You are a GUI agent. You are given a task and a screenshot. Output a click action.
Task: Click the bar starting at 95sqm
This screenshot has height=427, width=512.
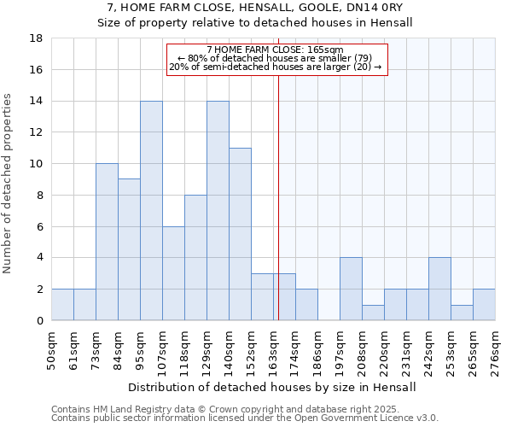pyautogui.click(x=151, y=211)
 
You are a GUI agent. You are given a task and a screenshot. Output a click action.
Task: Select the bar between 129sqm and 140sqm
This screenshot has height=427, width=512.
pyautogui.click(x=218, y=211)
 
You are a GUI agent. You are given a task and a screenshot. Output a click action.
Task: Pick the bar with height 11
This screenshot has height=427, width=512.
pyautogui.click(x=240, y=234)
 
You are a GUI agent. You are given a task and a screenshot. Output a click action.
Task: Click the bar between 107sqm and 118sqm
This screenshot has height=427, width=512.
pyautogui.click(x=173, y=273)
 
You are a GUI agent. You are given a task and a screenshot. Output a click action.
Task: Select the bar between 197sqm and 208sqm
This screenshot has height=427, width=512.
pyautogui.click(x=351, y=289)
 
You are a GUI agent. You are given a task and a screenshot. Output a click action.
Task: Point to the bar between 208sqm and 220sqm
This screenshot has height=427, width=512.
pyautogui.click(x=373, y=313)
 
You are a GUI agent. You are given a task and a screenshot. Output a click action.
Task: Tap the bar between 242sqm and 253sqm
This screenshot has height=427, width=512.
pyautogui.click(x=439, y=289)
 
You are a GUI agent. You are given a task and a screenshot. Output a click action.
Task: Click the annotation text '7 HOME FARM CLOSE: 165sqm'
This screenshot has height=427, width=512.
pyautogui.click(x=275, y=50)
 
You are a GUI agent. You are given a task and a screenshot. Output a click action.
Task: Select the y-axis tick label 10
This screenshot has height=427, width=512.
pyautogui.click(x=37, y=164)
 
